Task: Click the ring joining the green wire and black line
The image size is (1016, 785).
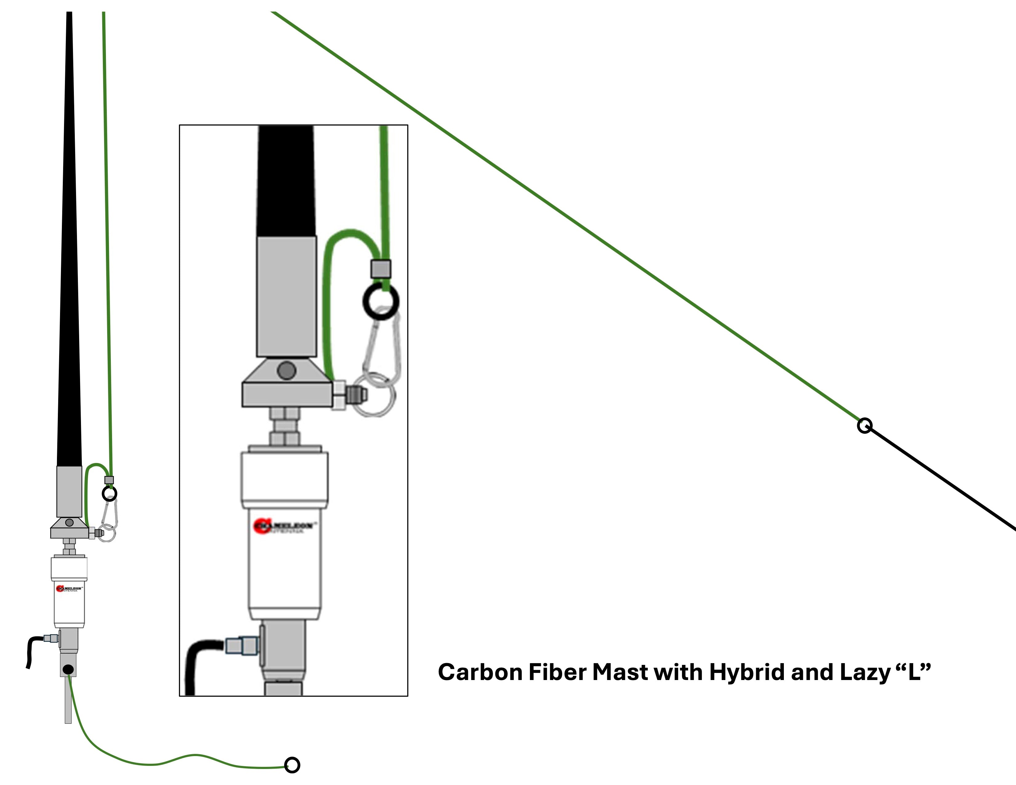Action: pyautogui.click(x=864, y=425)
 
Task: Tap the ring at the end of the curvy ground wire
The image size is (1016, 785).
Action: pyautogui.click(x=292, y=765)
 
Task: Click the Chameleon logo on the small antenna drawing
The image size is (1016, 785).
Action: pyautogui.click(x=69, y=589)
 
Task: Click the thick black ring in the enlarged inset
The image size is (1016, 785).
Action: pyautogui.click(x=381, y=301)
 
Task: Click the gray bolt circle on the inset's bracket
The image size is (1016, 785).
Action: pyautogui.click(x=286, y=371)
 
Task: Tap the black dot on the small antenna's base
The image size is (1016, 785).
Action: pyautogui.click(x=68, y=670)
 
